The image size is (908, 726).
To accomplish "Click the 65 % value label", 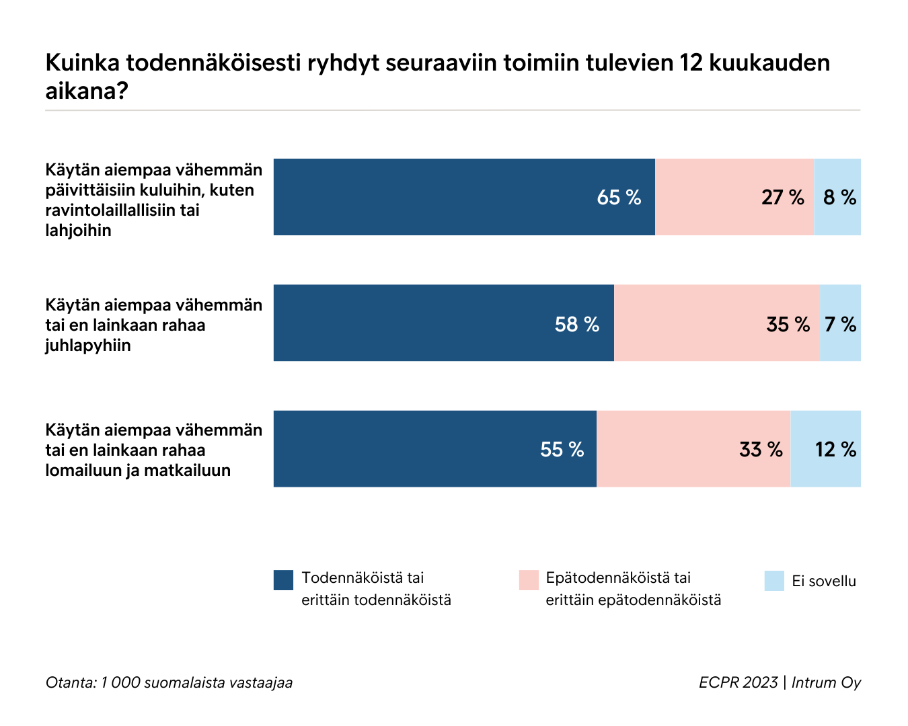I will pyautogui.click(x=619, y=198).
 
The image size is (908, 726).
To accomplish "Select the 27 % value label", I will pyautogui.click(x=782, y=198).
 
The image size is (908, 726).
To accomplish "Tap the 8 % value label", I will pyautogui.click(x=839, y=198).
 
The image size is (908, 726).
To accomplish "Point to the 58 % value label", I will pyautogui.click(x=576, y=325).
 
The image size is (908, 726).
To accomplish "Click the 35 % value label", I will pyautogui.click(x=788, y=325).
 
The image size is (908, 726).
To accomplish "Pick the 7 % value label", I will pyautogui.click(x=840, y=325).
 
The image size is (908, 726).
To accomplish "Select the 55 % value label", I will pyautogui.click(x=562, y=450).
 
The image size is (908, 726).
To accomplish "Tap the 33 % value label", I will pyautogui.click(x=761, y=450).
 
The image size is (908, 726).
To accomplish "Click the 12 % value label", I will pyautogui.click(x=835, y=450).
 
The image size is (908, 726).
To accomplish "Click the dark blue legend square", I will pyautogui.click(x=283, y=580).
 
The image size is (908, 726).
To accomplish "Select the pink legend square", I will pyautogui.click(x=529, y=580).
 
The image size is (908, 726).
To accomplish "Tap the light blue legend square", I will pyautogui.click(x=774, y=581).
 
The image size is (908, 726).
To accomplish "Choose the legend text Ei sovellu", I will pyautogui.click(x=824, y=581).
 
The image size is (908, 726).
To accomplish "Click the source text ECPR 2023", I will pyautogui.click(x=738, y=682).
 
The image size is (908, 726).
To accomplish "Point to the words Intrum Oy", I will pyautogui.click(x=826, y=682).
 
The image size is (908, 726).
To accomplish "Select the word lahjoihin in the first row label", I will pyautogui.click(x=78, y=231).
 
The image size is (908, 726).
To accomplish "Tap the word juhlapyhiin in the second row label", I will pyautogui.click(x=88, y=346).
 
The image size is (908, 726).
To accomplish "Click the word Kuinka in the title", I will pyautogui.click(x=82, y=63).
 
